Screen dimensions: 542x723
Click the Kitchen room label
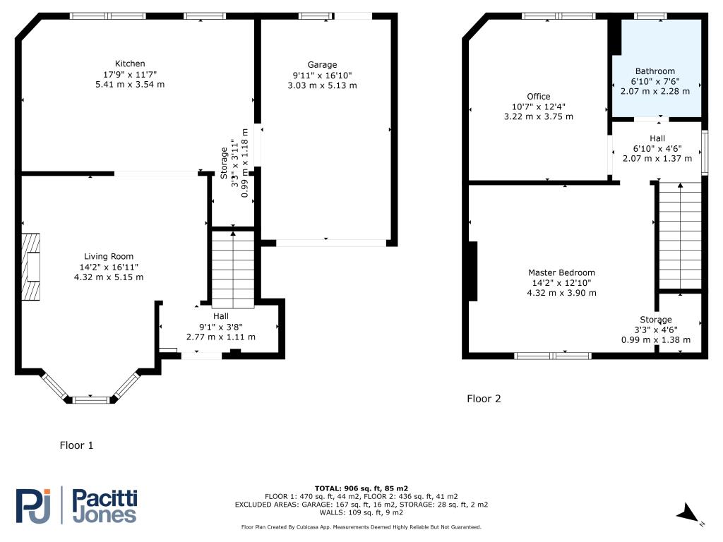tap(130, 64)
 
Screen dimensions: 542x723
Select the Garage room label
tap(322, 65)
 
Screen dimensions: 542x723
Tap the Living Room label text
tap(109, 256)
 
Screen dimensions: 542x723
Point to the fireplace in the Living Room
tap(31, 267)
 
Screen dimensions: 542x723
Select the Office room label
tap(538, 97)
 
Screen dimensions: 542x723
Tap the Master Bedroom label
tap(561, 272)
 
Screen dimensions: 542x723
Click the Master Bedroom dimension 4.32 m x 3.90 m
tap(561, 293)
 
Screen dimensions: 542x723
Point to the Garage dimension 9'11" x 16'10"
tap(322, 76)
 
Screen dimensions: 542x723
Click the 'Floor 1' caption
tap(76, 445)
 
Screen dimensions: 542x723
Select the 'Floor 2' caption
tap(484, 399)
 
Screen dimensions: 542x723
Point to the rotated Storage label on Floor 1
tap(224, 167)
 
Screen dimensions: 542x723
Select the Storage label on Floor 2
tap(656, 320)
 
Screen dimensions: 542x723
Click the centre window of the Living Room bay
tap(92, 400)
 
